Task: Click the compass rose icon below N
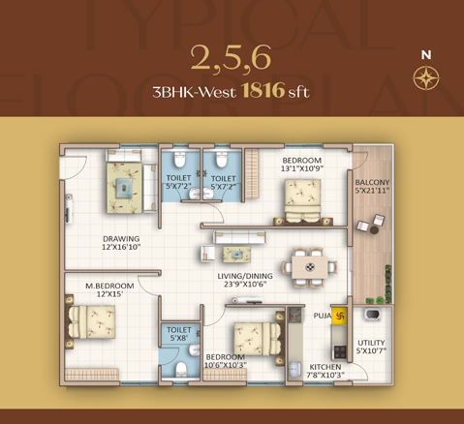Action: click(426, 77)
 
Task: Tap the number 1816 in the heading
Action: click(263, 90)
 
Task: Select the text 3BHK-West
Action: click(195, 92)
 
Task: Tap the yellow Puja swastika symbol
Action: click(339, 316)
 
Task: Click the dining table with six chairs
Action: click(310, 267)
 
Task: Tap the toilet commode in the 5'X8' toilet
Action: click(181, 369)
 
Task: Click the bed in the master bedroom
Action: click(90, 321)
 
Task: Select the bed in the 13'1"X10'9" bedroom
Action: click(302, 201)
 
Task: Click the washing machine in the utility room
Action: click(372, 314)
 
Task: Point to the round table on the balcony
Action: click(374, 230)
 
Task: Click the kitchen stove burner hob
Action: click(340, 351)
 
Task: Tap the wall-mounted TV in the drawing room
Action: click(69, 208)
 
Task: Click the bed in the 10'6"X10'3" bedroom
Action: click(258, 339)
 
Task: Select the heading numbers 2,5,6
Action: click(231, 58)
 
